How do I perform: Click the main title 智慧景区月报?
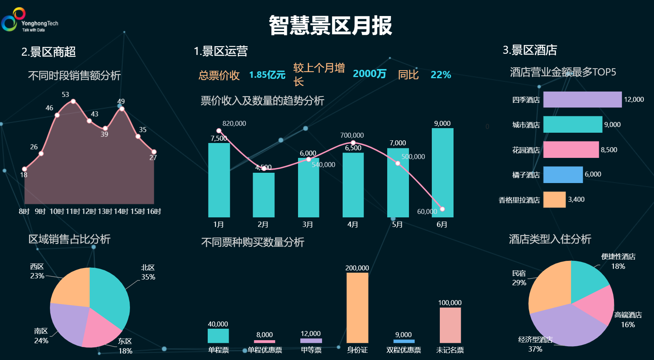[x=330, y=26]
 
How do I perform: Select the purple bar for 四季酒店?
[x=582, y=100]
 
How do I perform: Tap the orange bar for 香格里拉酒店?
[x=554, y=199]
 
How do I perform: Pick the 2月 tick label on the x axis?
[x=263, y=225]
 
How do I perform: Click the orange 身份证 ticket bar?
[x=357, y=307]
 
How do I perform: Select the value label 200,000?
[x=357, y=268]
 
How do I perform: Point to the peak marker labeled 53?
[x=73, y=101]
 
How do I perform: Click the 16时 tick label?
[x=154, y=211]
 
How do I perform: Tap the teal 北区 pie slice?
[x=109, y=294]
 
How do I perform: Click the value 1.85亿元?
[x=267, y=75]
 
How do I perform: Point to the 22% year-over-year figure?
[x=441, y=75]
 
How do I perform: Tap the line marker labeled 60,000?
[x=442, y=209]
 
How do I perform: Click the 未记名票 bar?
[x=450, y=325]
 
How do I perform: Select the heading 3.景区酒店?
[x=530, y=50]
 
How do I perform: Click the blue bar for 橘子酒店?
[x=563, y=175]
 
